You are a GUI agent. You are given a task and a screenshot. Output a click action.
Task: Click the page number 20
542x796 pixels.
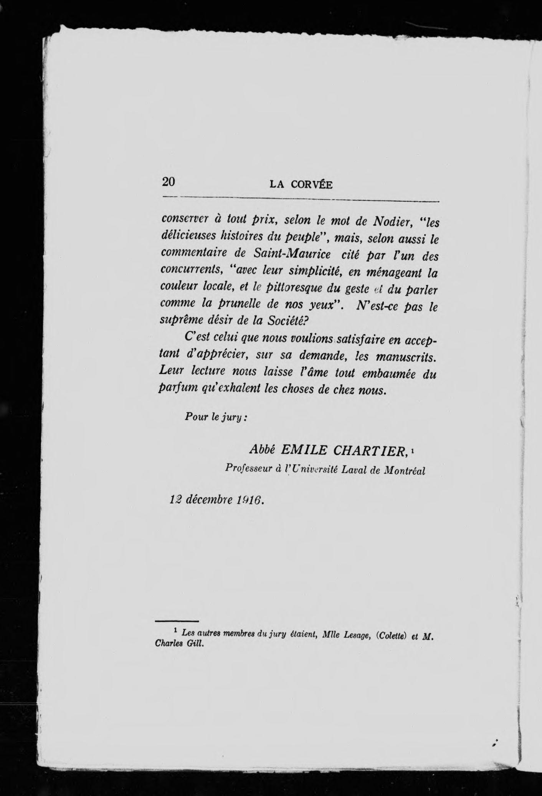169,182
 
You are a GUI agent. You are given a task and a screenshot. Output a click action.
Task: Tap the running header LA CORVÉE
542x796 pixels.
301,185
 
